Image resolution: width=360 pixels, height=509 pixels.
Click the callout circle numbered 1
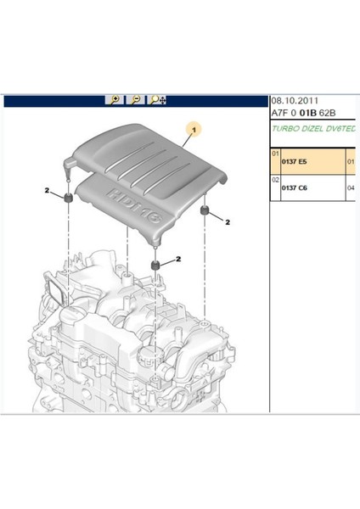click(195, 131)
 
